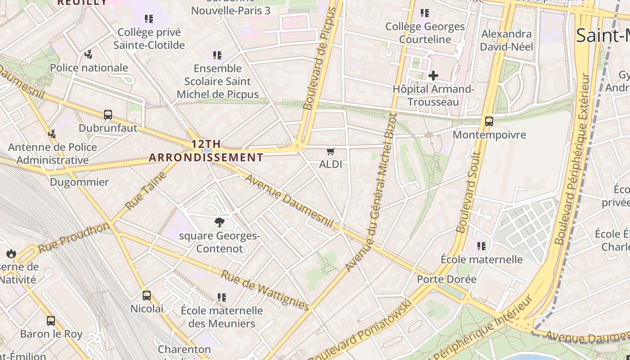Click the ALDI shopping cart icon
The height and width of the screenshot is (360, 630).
331,152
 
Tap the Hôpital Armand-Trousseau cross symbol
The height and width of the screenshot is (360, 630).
433,76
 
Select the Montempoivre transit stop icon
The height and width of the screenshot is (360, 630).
489,121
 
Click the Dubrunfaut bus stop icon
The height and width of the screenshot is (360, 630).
108,115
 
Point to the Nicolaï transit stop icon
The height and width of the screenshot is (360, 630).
147,296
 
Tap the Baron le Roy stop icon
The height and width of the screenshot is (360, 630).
51,321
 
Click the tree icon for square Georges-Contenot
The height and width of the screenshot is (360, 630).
220,222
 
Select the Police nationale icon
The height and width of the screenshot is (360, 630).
89,55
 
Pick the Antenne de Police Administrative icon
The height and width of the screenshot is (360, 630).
52,134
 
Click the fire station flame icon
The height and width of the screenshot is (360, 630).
11,253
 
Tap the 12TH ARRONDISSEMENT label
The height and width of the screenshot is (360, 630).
206,151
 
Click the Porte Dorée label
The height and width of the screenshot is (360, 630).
446,279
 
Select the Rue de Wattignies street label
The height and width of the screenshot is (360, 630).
265,290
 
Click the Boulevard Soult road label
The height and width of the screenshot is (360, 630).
468,192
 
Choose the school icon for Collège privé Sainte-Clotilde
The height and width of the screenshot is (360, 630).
149,19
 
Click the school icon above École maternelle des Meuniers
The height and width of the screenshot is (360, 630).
221,297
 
